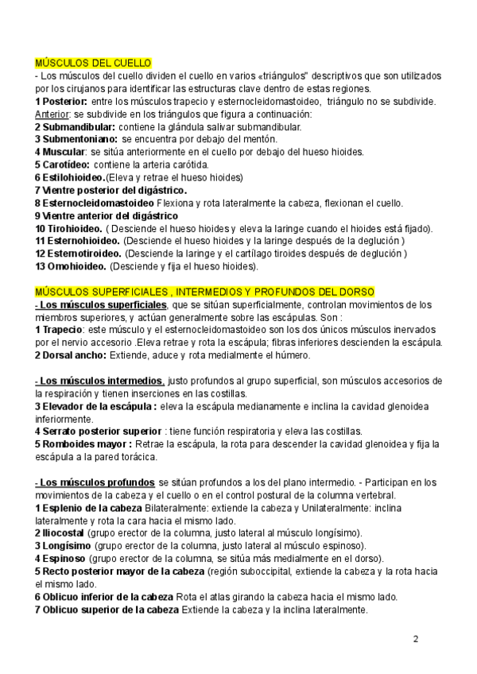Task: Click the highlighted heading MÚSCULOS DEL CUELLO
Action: click(94, 63)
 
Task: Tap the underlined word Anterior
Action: click(52, 114)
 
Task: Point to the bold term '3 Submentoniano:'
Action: click(76, 139)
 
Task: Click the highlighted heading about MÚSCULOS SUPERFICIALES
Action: click(205, 292)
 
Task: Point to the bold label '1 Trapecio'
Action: click(59, 330)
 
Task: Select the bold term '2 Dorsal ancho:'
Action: click(73, 355)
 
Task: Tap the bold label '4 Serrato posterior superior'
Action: click(99, 432)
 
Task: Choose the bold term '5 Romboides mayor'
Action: click(83, 444)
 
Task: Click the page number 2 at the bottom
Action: click(415, 638)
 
